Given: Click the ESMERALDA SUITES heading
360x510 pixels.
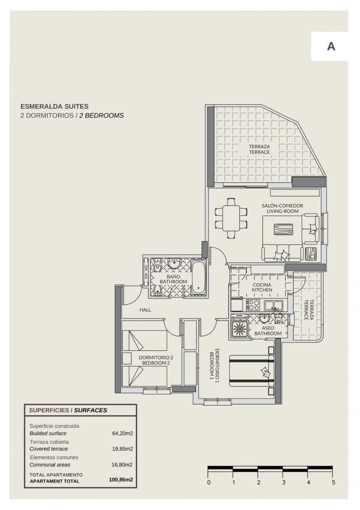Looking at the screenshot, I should tap(54, 107).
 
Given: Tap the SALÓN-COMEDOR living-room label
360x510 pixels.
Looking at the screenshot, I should tap(282, 208).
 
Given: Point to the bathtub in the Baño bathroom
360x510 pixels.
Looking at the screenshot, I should tap(198, 278).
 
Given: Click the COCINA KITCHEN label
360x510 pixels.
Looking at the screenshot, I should tap(262, 287).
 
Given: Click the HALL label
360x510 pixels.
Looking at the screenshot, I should tap(145, 310).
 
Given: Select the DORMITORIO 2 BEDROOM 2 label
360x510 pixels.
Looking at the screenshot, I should tap(156, 360).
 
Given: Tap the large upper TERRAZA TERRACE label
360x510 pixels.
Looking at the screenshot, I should tap(259, 149).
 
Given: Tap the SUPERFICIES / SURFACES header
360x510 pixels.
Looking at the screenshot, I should tap(68, 410).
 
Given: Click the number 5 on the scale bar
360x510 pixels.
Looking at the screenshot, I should tap(334, 482).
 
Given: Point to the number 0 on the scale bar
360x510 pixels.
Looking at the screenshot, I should tap(209, 482).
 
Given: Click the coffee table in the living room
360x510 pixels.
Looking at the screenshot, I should tap(283, 230).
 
